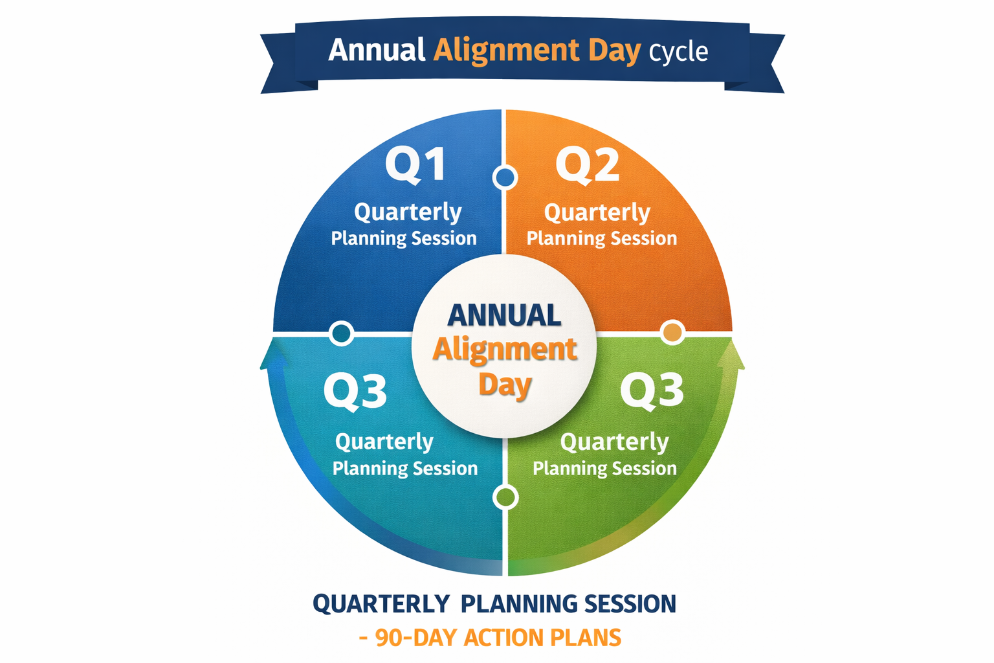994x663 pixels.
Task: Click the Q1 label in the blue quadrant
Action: tap(415, 164)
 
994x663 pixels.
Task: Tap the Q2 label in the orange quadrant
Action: tap(588, 164)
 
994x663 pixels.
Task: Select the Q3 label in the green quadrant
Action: tap(652, 390)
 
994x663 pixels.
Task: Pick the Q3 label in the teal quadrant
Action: tap(355, 391)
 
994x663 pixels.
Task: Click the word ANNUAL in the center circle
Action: tap(504, 316)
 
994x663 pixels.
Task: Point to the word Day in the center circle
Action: tap(505, 385)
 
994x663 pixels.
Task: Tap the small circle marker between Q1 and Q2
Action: tap(505, 177)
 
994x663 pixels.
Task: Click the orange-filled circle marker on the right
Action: tap(673, 332)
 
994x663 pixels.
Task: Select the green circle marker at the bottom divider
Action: tap(505, 497)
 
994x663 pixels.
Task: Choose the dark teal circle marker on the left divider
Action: tap(341, 333)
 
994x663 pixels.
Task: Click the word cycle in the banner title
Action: tap(678, 52)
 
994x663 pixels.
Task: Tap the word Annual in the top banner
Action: tap(377, 50)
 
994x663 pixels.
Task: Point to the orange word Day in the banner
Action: tap(614, 51)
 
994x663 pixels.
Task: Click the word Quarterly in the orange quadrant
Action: tap(597, 213)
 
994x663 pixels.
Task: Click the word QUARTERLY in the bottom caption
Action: tap(381, 604)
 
